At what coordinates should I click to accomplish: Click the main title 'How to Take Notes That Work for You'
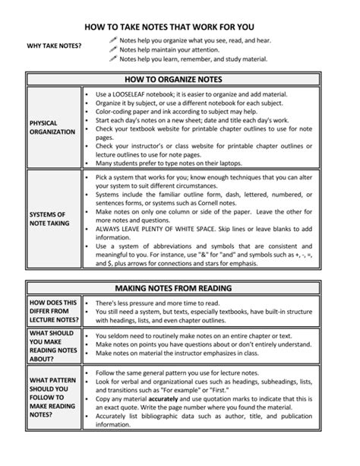(x=179, y=25)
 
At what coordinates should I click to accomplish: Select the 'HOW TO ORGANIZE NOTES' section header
(x=179, y=78)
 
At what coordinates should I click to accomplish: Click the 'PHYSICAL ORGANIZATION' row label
(x=52, y=127)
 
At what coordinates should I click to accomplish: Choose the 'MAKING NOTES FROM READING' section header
(x=179, y=288)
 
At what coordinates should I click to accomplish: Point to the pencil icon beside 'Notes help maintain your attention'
(x=113, y=49)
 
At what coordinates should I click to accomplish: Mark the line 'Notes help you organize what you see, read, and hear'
(x=195, y=40)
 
